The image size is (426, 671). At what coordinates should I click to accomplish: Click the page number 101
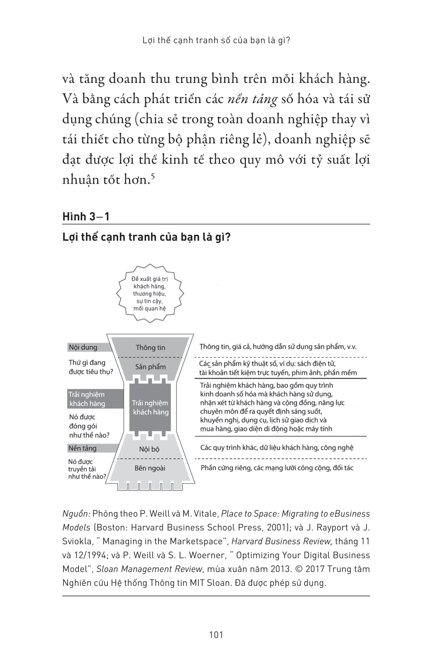216,634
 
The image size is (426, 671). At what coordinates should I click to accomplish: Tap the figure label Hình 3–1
86,216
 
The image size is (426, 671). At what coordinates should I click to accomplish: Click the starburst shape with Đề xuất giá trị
150,294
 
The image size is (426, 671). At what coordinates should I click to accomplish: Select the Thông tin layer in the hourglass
150,347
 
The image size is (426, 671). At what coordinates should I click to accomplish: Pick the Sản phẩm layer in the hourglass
150,367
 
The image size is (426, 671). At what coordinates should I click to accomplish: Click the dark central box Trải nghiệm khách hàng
150,408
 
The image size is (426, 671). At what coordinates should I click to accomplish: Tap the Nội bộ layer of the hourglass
149,449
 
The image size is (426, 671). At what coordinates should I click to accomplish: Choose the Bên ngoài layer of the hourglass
150,468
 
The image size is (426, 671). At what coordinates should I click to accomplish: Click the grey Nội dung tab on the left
84,347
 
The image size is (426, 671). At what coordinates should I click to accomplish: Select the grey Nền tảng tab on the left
83,448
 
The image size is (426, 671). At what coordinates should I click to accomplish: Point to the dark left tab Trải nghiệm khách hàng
87,399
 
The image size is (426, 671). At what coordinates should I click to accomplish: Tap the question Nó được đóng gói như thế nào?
89,426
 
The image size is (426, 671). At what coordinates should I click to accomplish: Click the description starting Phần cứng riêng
277,468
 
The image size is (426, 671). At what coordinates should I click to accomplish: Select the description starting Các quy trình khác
277,447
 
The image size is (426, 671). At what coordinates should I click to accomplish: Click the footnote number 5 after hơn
153,176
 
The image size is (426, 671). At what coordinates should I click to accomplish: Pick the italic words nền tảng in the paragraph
253,99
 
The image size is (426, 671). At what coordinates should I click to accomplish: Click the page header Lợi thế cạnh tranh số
216,40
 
